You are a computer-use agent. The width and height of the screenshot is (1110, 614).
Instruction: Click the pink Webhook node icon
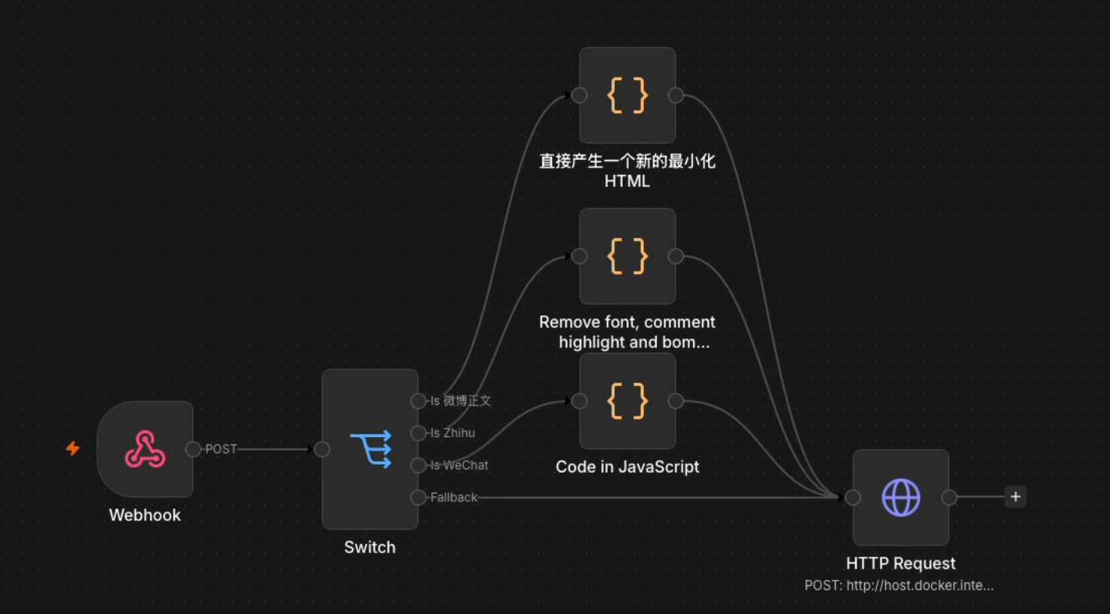pyautogui.click(x=145, y=449)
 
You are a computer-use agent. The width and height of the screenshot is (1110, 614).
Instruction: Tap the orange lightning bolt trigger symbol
pyautogui.click(x=73, y=449)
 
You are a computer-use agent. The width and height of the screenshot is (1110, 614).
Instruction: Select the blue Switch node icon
pyautogui.click(x=371, y=449)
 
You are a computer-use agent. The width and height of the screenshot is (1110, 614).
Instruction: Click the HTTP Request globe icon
pyautogui.click(x=901, y=497)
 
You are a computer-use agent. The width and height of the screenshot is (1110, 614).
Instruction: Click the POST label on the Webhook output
pyautogui.click(x=221, y=449)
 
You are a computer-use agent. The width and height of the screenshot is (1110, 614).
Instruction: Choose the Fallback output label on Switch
pyautogui.click(x=453, y=497)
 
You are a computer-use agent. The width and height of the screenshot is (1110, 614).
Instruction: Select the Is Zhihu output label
pyautogui.click(x=452, y=433)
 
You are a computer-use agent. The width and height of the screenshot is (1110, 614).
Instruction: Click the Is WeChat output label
pyautogui.click(x=459, y=465)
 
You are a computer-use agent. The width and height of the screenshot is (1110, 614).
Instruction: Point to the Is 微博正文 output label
pyautogui.click(x=460, y=401)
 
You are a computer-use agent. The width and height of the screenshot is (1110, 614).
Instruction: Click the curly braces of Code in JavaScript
pyautogui.click(x=627, y=401)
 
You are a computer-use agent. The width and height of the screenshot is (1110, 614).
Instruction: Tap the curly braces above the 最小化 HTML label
pyautogui.click(x=627, y=95)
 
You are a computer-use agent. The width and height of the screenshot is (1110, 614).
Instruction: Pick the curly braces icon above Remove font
pyautogui.click(x=627, y=256)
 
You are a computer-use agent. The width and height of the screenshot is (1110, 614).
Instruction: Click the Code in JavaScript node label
pyautogui.click(x=627, y=467)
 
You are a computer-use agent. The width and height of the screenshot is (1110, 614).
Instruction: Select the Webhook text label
pyautogui.click(x=145, y=515)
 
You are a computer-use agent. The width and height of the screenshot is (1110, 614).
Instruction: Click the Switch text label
pyautogui.click(x=370, y=547)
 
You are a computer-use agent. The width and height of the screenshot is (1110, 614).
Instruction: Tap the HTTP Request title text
pyautogui.click(x=900, y=563)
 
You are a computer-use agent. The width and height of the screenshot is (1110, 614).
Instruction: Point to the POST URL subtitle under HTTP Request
pyautogui.click(x=899, y=585)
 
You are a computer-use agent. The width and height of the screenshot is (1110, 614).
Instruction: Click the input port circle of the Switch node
pyautogui.click(x=322, y=450)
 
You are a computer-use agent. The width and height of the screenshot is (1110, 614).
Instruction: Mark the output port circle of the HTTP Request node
pyautogui.click(x=949, y=497)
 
